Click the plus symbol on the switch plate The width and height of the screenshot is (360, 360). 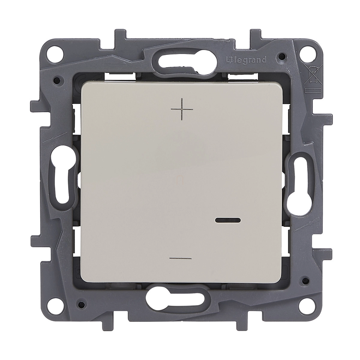point(182,109)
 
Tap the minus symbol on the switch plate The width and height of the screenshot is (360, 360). point(180,259)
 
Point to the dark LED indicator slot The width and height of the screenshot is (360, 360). point(228,220)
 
